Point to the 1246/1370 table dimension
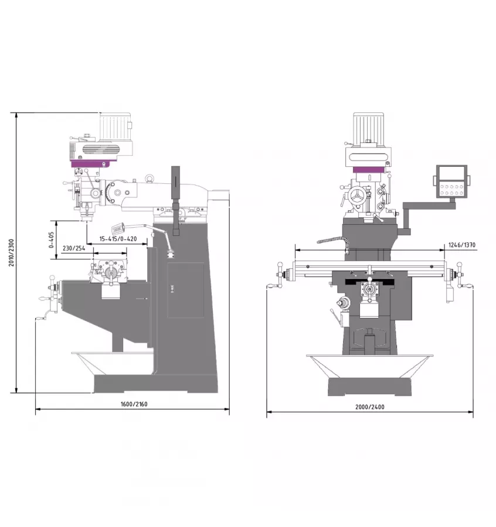[x=461, y=245]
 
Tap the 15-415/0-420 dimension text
[x=118, y=239]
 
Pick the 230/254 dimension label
[x=74, y=248]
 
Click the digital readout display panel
[x=451, y=180]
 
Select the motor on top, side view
[x=115, y=126]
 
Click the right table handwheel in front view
[x=460, y=276]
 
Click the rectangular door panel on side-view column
[x=185, y=290]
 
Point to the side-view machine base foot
[x=156, y=384]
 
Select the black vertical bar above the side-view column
[x=175, y=186]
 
